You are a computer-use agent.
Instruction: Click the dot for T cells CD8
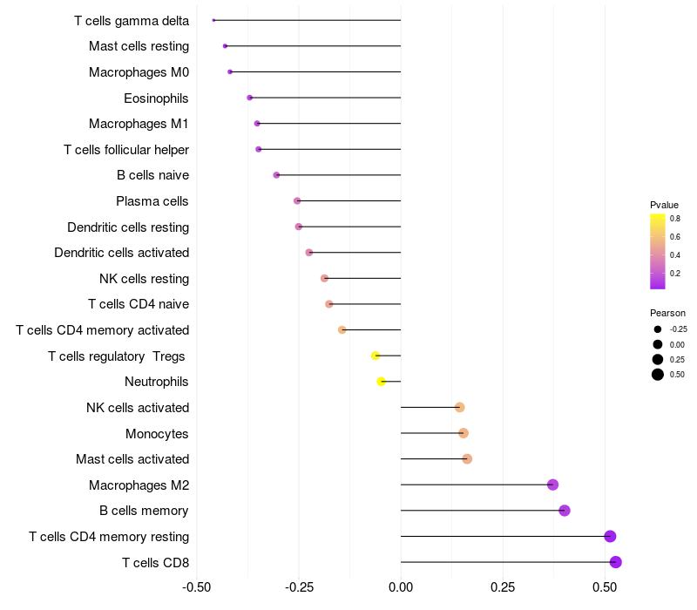[x=615, y=562]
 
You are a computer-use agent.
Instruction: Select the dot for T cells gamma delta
[x=213, y=20]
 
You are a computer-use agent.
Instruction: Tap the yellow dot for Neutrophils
[x=381, y=382]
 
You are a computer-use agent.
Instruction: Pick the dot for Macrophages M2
[x=552, y=485]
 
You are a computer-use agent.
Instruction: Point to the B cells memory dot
[x=565, y=511]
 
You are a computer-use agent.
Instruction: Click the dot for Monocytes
[x=464, y=433]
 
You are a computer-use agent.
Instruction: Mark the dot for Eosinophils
[x=250, y=98]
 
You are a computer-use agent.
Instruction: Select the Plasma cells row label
[x=152, y=201]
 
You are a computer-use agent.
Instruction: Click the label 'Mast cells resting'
[x=139, y=46]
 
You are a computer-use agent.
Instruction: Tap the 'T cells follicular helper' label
[x=126, y=150]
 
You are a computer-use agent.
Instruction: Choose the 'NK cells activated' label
[x=138, y=408]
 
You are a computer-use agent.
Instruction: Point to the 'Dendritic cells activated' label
[x=121, y=253]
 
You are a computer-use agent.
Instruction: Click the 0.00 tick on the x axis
[x=401, y=588]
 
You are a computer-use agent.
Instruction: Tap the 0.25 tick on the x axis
[x=503, y=588]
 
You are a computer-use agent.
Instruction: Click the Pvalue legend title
[x=664, y=205]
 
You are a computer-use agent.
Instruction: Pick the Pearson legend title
[x=667, y=313]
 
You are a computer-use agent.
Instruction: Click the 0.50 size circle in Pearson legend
[x=658, y=375]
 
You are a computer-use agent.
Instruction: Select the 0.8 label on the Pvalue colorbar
[x=675, y=219]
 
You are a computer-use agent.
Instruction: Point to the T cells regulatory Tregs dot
[x=376, y=356]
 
